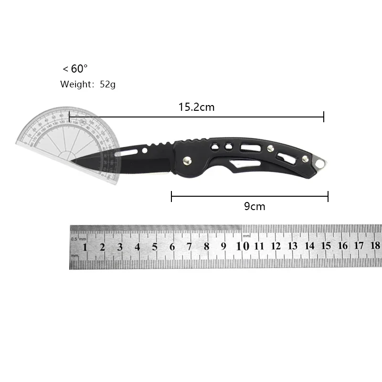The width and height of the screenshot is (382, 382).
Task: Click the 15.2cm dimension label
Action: pos(196,107)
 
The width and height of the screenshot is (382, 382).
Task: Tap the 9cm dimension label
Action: pos(254,206)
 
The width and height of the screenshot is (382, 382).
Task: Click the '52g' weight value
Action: pos(107,85)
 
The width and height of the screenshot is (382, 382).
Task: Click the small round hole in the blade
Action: pos(145,151)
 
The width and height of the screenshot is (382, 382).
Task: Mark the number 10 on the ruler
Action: pos(243,246)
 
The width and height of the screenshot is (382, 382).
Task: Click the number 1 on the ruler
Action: pos(85,247)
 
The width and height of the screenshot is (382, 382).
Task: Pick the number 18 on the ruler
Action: pos(375,246)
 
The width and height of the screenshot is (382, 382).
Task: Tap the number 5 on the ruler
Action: pos(155,247)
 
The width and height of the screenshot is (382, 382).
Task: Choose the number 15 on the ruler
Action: pos(326,246)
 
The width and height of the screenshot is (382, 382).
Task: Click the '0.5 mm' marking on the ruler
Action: pos(78,238)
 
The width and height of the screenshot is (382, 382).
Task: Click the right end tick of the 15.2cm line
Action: pos(324,117)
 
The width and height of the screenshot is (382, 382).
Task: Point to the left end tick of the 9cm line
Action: pos(171,196)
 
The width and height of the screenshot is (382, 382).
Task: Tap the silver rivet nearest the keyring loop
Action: pos(304,158)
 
